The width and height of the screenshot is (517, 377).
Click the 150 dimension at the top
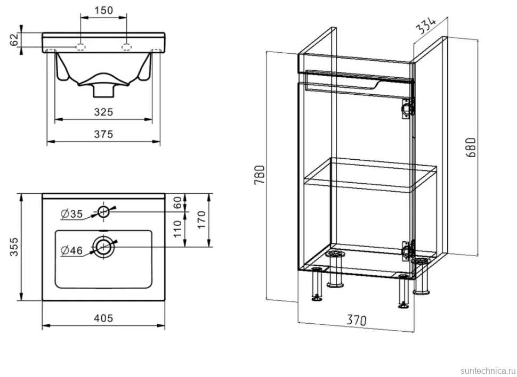[103, 11]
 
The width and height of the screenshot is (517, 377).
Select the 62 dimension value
[14, 39]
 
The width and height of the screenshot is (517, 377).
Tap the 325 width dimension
[103, 112]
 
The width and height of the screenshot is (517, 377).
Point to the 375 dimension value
[103, 134]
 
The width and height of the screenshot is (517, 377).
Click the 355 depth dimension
[14, 247]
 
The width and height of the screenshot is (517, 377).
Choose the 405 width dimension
[103, 318]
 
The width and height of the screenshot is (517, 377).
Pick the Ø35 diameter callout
[72, 214]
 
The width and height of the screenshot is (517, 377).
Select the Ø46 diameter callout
[72, 251]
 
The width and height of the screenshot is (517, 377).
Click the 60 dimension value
[177, 202]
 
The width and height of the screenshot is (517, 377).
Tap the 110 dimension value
[177, 229]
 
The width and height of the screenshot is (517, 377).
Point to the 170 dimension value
[201, 219]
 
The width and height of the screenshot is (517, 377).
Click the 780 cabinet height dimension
[260, 175]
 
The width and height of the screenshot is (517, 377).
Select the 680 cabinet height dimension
[472, 147]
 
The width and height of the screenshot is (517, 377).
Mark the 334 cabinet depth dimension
[426, 25]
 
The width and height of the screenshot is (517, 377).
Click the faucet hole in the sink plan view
[103, 211]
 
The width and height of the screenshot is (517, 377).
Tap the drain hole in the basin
[103, 247]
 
